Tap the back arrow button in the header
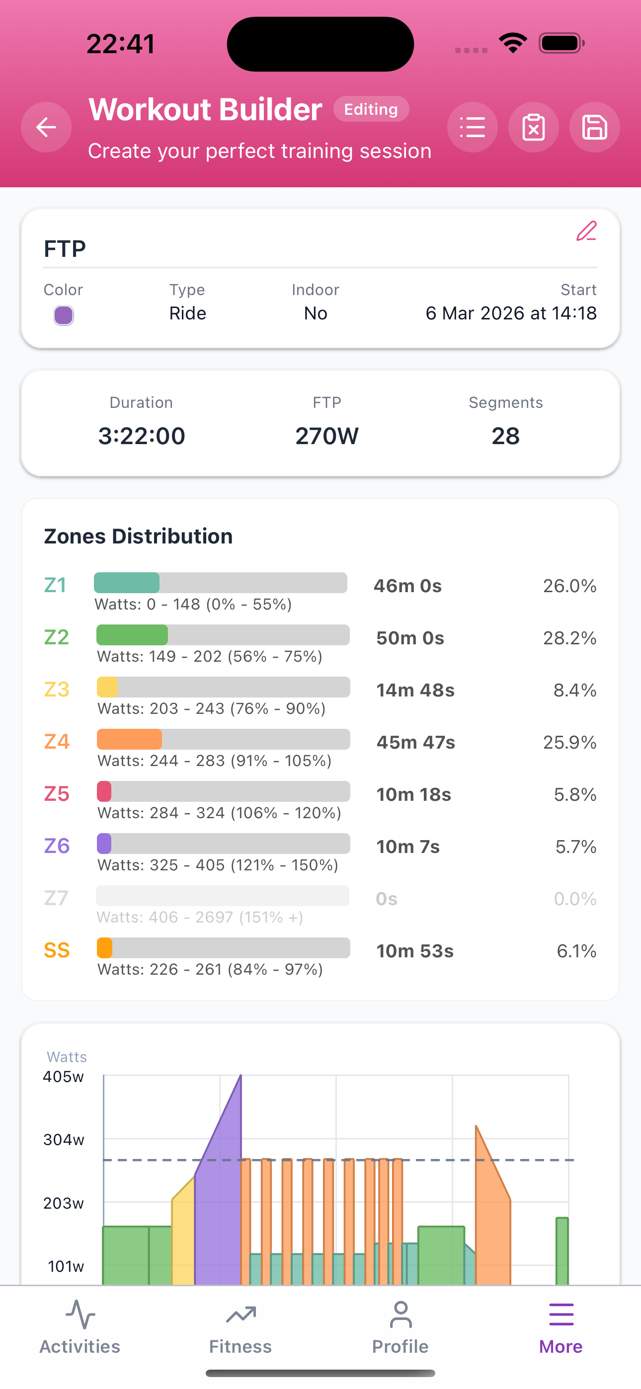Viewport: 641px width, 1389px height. click(46, 127)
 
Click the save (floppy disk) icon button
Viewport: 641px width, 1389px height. click(594, 127)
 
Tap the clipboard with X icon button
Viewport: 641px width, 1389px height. click(533, 127)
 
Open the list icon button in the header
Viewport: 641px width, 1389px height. click(472, 127)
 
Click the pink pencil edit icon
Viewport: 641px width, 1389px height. click(586, 231)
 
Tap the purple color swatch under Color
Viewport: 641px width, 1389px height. click(64, 315)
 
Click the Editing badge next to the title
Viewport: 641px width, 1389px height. click(371, 109)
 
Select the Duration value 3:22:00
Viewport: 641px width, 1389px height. click(141, 436)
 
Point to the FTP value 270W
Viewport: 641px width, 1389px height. click(326, 436)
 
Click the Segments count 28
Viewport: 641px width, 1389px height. click(505, 436)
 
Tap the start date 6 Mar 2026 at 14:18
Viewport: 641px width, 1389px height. click(510, 313)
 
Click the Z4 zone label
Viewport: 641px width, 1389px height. click(57, 741)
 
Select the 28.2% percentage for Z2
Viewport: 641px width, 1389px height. click(569, 638)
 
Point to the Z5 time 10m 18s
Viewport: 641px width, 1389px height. click(413, 794)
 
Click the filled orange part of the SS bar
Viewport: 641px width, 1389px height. click(105, 948)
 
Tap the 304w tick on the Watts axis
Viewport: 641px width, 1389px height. click(64, 1139)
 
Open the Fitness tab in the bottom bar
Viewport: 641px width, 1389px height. click(240, 1327)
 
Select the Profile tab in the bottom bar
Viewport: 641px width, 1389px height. click(401, 1327)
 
